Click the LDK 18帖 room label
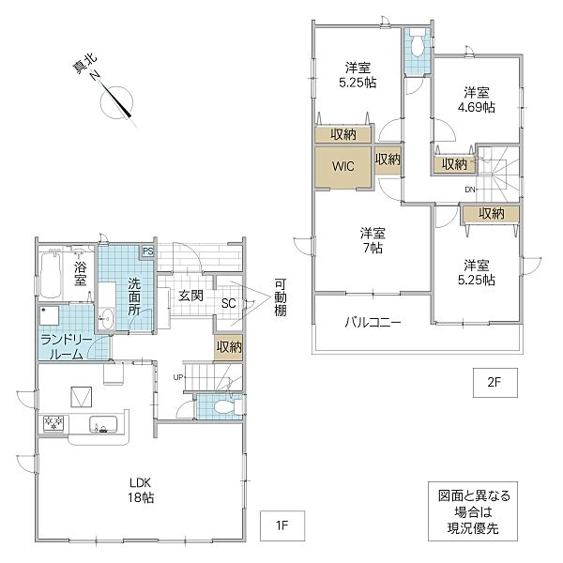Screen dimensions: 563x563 coord(141,490)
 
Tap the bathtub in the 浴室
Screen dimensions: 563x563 coord(51,275)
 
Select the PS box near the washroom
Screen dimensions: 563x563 coord(147,251)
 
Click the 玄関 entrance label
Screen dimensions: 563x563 coord(191,296)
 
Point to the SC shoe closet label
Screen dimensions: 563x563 coord(228,304)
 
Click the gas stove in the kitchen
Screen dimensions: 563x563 coord(53,422)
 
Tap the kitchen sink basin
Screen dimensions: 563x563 coord(103,425)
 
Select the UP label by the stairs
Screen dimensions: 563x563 coord(178,377)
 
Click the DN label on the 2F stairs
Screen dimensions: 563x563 coord(470,190)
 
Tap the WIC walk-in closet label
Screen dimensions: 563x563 coord(342,166)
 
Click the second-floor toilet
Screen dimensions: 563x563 coord(417,44)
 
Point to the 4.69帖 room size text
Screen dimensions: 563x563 coord(476,107)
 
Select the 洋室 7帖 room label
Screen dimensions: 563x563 coord(373,240)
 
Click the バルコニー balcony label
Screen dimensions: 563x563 coord(373,322)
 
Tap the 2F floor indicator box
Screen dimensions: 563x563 coord(495,383)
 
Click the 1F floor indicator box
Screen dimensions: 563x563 coord(282,525)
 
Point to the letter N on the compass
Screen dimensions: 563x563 coord(95,76)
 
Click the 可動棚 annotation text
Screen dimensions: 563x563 coord(281,297)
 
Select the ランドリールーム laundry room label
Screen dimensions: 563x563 coord(61,347)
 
